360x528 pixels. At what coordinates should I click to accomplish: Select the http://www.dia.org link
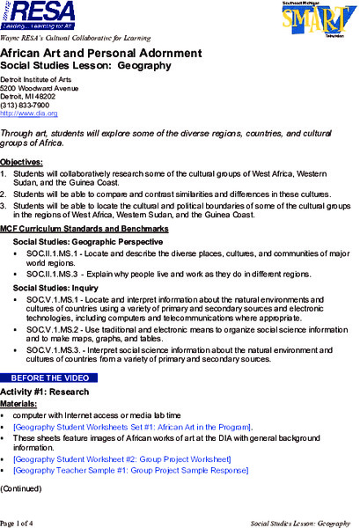click(29, 114)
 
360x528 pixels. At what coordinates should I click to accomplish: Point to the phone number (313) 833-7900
click(26, 105)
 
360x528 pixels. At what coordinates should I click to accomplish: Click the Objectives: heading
click(21, 162)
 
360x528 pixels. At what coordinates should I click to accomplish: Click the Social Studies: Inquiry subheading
click(55, 288)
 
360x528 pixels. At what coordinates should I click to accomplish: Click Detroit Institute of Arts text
click(41, 79)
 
